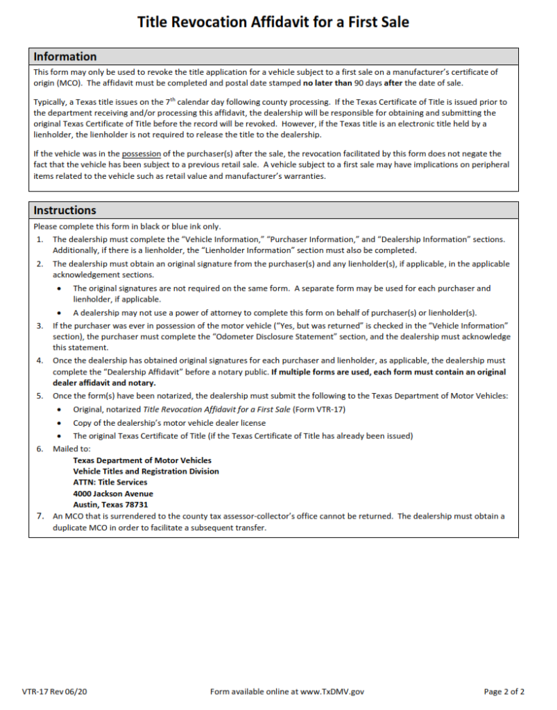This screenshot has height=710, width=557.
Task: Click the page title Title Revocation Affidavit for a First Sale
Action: [273, 22]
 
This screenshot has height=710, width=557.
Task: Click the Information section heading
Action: [65, 57]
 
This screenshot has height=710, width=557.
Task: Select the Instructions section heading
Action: [65, 210]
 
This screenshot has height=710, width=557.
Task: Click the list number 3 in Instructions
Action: [40, 325]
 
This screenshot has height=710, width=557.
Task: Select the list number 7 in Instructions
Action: [40, 517]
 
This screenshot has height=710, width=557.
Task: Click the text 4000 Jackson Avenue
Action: [113, 494]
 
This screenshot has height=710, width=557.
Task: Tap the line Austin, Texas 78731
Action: [110, 505]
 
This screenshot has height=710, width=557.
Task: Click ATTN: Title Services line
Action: [110, 483]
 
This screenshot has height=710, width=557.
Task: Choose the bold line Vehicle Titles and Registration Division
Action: [146, 471]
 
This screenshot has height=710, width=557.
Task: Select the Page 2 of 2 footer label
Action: [504, 691]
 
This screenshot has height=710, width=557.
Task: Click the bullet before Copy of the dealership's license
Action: [62, 423]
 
